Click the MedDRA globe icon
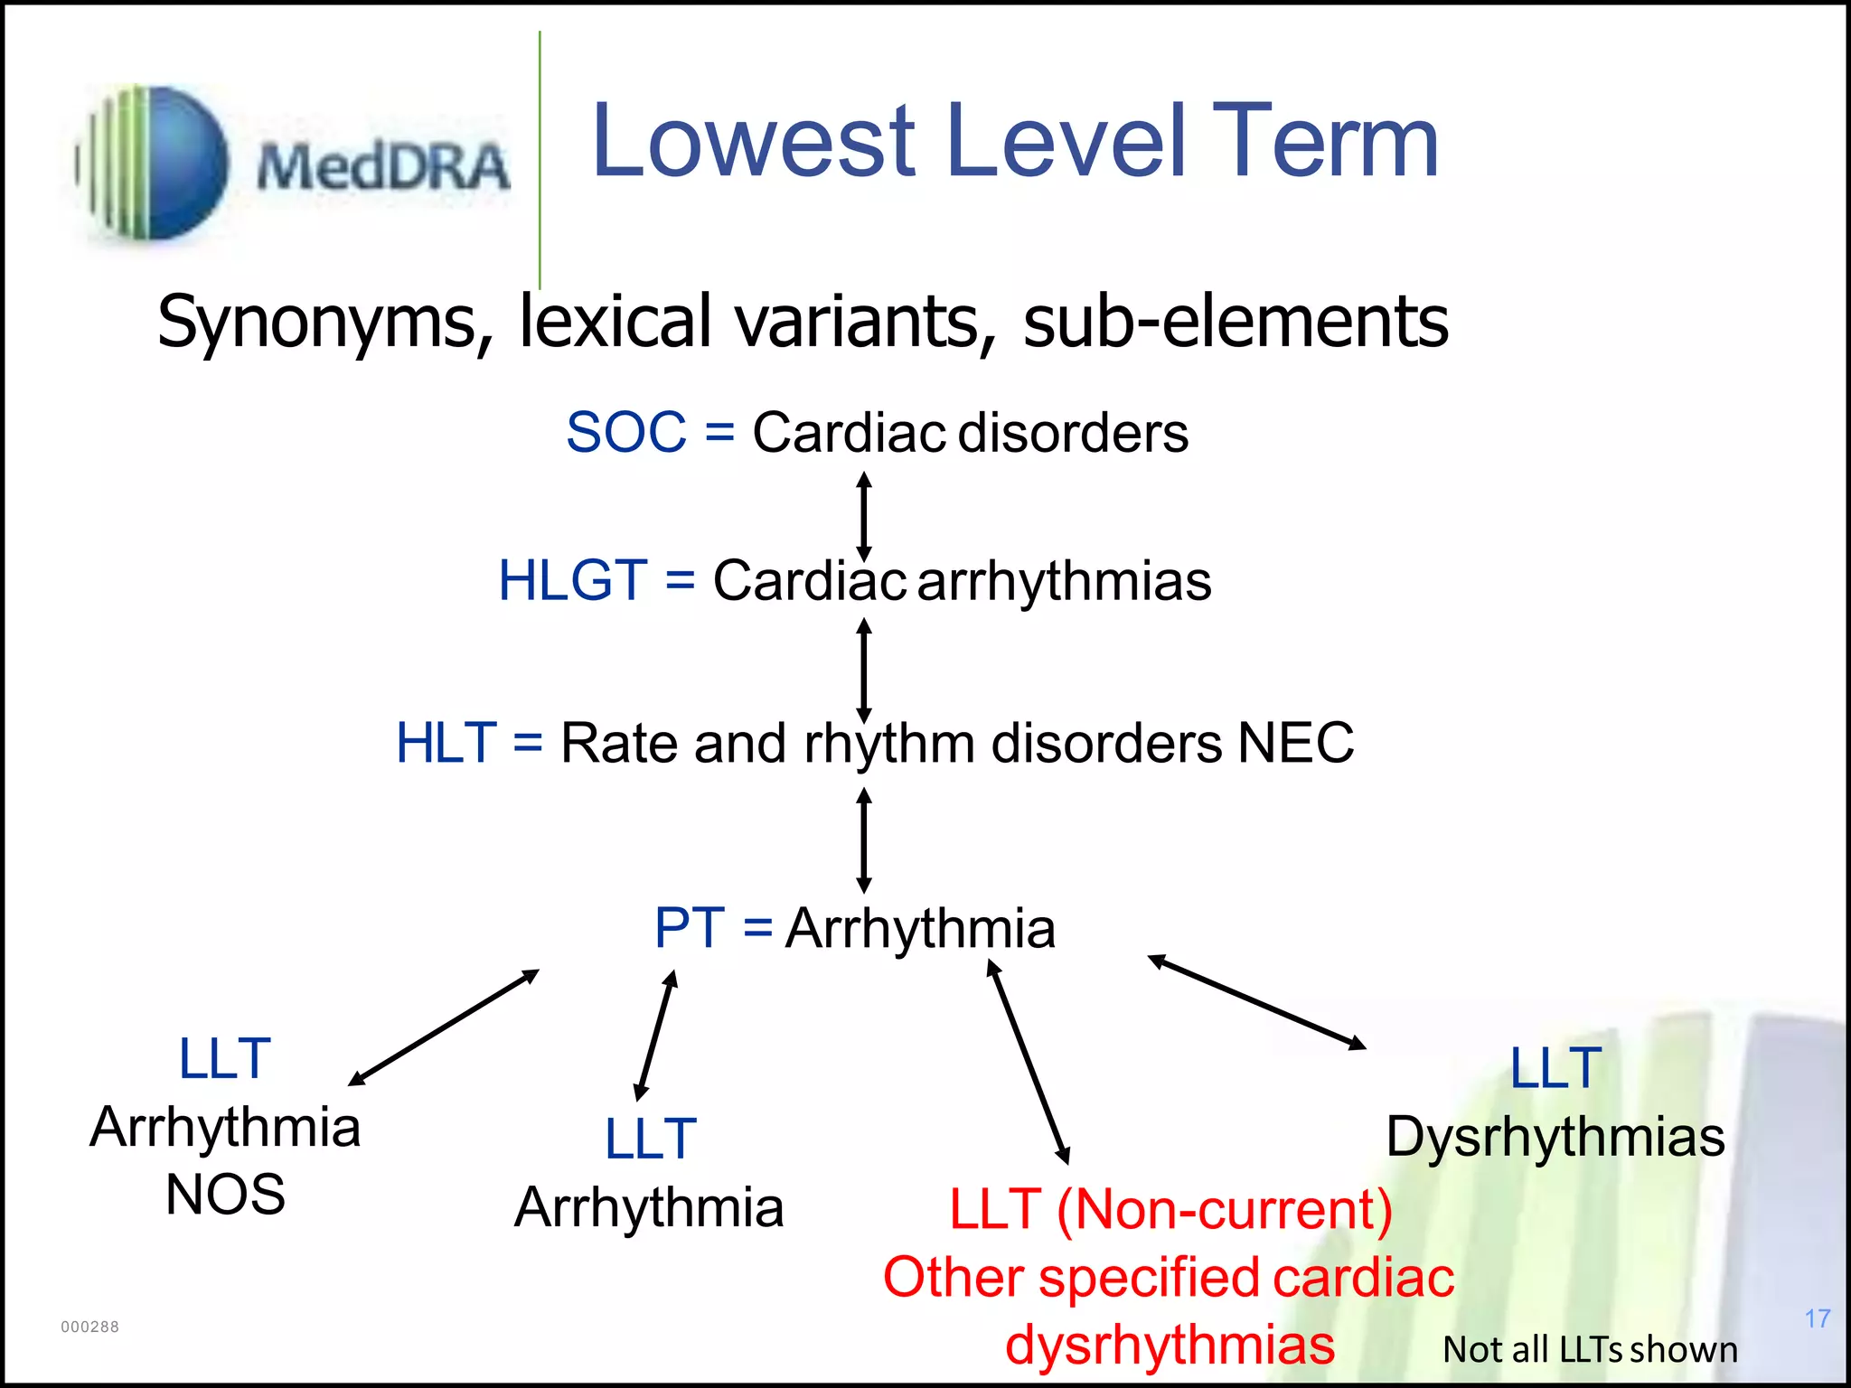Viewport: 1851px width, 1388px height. pos(154,164)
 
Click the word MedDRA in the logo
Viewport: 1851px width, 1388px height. pos(383,168)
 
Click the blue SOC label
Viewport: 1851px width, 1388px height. pos(625,432)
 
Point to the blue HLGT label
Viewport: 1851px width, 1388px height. pos(573,580)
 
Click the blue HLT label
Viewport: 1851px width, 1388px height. pos(446,743)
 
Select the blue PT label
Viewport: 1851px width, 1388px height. pos(689,928)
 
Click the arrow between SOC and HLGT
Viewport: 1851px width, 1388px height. pos(864,516)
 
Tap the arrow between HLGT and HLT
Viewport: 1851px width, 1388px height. pos(864,670)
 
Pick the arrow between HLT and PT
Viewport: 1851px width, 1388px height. pos(864,839)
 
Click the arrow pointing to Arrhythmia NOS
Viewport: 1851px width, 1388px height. pos(444,1027)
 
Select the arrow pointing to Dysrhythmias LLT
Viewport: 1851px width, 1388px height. pos(1257,1002)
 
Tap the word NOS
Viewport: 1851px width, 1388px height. pos(225,1195)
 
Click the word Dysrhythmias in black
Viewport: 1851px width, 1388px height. pos(1555,1137)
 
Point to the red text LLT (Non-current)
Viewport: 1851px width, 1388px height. pos(1170,1209)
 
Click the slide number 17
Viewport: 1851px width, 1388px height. pos(1818,1318)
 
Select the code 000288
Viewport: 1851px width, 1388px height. pos(89,1327)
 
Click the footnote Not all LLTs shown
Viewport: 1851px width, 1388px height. pos(1590,1349)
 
